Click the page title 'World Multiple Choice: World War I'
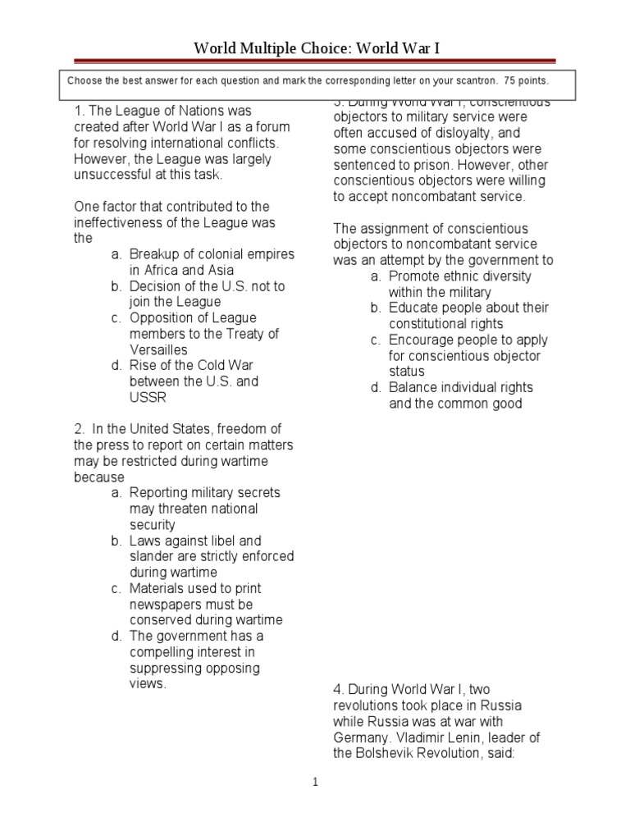coord(316,49)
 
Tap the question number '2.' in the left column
coord(80,429)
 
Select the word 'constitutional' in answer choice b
coord(430,323)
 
